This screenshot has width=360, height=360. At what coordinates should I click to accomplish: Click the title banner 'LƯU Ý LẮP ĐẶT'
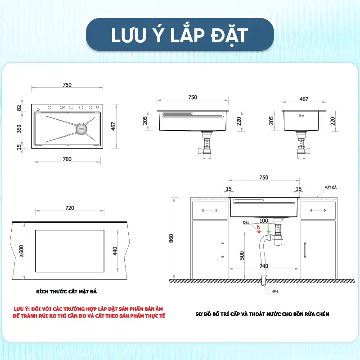(x=180, y=35)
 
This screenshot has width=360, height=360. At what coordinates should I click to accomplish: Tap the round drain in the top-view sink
(x=81, y=128)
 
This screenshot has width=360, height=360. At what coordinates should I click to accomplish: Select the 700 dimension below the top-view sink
(x=67, y=159)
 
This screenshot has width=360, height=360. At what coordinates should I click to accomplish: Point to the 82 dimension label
(x=19, y=108)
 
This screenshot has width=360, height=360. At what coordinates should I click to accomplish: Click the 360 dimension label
(x=19, y=129)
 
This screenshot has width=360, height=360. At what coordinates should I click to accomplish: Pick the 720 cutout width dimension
(x=70, y=208)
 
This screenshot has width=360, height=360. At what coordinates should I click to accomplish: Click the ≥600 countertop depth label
(x=21, y=251)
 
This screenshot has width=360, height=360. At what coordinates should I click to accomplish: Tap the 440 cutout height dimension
(x=115, y=251)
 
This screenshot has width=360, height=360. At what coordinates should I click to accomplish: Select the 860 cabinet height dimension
(x=171, y=238)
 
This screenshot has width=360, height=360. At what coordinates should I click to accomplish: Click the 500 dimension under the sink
(x=242, y=255)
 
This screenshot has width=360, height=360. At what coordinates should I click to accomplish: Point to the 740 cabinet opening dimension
(x=264, y=265)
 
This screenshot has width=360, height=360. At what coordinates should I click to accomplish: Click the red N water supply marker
(x=259, y=230)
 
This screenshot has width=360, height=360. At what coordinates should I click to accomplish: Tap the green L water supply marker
(x=268, y=230)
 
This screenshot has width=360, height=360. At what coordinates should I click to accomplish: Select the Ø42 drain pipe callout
(x=275, y=291)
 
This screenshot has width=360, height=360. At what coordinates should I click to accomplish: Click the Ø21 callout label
(x=246, y=222)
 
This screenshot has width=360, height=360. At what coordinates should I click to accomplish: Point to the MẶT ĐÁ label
(x=331, y=188)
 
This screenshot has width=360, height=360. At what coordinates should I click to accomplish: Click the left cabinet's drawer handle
(x=210, y=210)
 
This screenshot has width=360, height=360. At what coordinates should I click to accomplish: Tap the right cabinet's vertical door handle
(x=305, y=250)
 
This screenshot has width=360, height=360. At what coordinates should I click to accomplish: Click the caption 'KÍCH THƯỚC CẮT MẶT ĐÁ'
(x=66, y=292)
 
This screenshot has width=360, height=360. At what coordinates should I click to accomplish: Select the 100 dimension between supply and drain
(x=264, y=220)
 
